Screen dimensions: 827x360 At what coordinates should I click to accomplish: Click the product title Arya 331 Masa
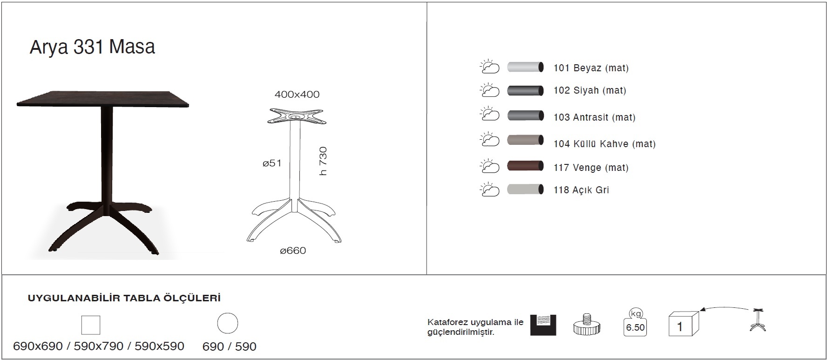[92, 48]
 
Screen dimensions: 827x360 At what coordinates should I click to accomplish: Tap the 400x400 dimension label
[297, 95]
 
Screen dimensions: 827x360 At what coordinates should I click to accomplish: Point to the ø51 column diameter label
[272, 163]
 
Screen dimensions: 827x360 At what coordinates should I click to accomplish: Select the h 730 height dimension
[323, 161]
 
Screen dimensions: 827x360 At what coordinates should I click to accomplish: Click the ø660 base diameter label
[293, 251]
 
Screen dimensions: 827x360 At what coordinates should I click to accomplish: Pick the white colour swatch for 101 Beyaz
[525, 67]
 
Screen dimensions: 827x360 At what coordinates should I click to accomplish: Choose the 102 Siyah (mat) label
[590, 90]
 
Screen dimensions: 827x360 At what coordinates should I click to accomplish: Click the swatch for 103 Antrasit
[525, 115]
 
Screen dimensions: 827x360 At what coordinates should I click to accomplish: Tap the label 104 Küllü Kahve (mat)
[604, 144]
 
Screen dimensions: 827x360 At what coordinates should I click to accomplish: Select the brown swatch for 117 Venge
[525, 165]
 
